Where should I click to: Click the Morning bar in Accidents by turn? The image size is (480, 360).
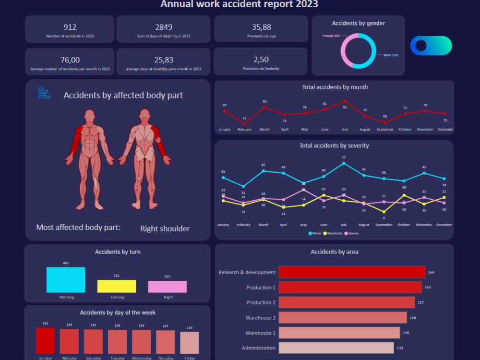point(66,280)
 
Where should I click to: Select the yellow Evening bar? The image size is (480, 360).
point(117,286)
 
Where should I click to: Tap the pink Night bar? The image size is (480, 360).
point(168,287)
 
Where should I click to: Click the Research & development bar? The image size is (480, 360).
point(351,272)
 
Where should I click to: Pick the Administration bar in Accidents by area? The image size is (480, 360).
point(336,348)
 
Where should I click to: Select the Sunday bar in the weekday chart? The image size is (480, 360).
point(45,341)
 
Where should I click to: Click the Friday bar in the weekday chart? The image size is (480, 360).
point(190,343)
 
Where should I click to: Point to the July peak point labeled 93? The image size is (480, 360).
point(345,101)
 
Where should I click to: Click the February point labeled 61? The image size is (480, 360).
point(244,124)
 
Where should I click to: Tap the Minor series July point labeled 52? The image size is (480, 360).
point(344,163)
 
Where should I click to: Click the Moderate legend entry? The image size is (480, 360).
point(334,233)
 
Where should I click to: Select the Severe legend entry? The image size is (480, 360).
point(351,233)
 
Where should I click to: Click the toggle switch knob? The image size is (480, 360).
point(421,46)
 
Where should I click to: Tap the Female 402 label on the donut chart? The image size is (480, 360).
point(331,36)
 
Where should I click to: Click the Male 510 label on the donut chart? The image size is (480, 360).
point(390,55)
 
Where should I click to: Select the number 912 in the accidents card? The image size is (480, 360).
point(70,27)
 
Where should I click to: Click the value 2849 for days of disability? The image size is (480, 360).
point(163,27)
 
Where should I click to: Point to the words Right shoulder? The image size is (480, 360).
point(165,228)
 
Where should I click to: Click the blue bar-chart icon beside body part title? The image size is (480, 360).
point(44,93)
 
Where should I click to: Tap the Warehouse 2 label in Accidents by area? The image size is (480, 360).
point(260,318)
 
